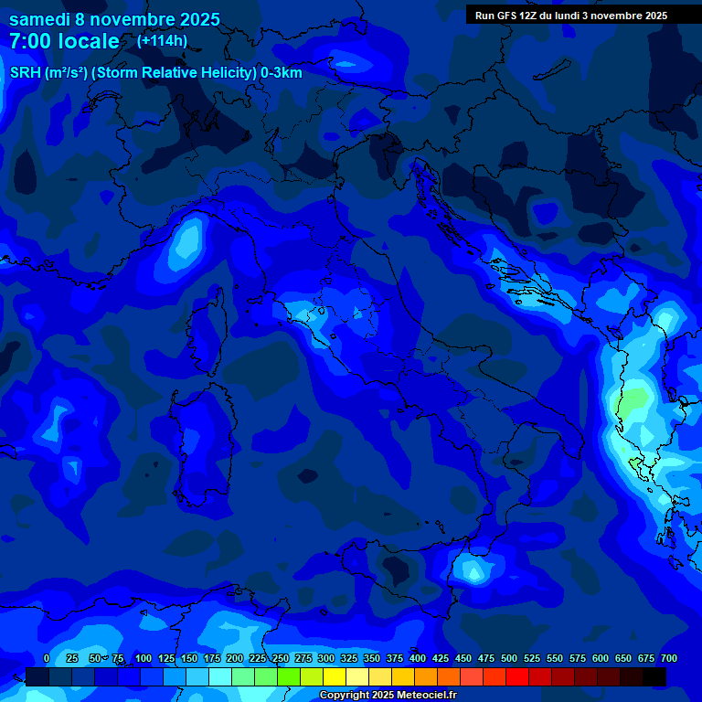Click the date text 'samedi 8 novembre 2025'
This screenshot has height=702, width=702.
click(114, 19)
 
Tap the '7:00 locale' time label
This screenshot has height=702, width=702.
click(64, 41)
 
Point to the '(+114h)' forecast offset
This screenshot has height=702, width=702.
click(162, 41)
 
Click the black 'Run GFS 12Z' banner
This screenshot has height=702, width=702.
click(571, 16)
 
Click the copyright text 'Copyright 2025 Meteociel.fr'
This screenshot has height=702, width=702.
click(388, 696)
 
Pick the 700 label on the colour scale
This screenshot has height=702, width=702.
click(668, 659)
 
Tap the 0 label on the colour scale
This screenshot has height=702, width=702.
click(47, 659)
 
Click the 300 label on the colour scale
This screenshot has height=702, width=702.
click(325, 659)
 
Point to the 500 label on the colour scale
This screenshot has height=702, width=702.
click(509, 659)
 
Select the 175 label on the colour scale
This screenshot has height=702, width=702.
click(211, 659)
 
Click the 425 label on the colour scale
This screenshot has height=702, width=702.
click(441, 659)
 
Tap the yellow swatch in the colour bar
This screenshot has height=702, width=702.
click(335, 677)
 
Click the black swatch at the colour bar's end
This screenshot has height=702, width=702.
click(654, 677)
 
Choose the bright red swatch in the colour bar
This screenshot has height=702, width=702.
click(517, 677)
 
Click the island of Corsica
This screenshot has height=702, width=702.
click(207, 324)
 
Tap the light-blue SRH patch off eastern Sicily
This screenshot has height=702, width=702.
click(473, 572)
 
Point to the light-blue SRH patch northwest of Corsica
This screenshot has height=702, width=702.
click(186, 242)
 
